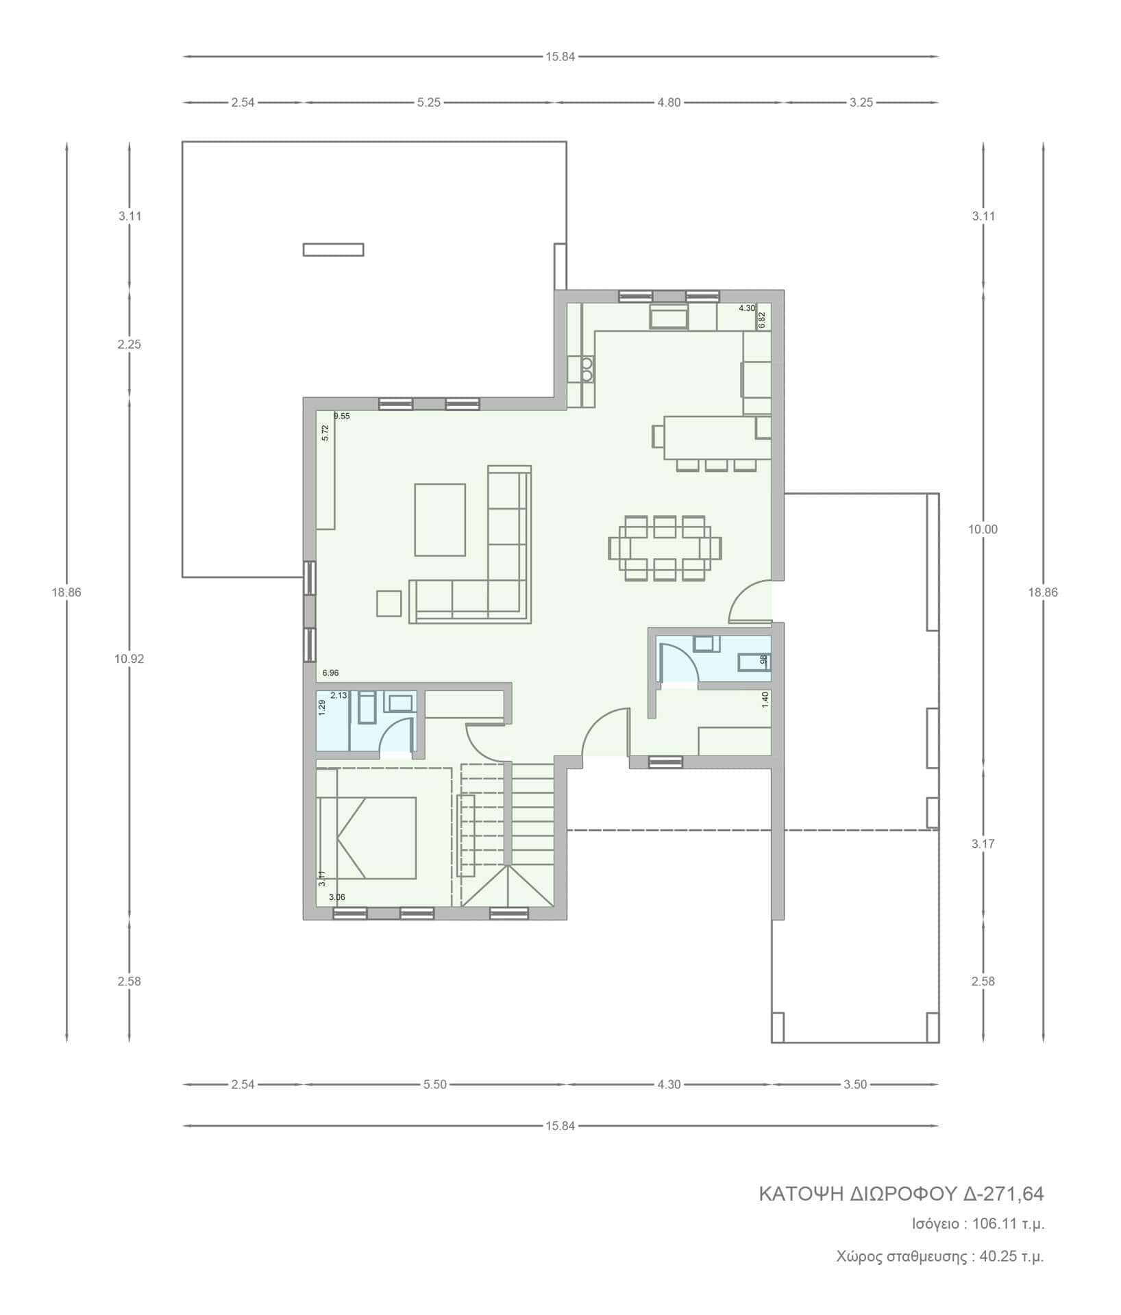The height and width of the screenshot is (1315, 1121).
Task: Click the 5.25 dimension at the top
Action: [428, 103]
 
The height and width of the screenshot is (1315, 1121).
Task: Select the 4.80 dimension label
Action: [669, 103]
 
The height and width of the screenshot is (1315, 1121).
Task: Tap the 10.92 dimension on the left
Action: [130, 659]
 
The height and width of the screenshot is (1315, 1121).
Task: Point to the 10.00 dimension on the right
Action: [983, 529]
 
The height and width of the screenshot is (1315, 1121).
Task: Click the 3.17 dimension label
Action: [983, 844]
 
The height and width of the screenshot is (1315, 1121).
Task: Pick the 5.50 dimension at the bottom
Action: [435, 1084]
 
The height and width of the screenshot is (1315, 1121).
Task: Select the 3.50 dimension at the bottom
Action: [855, 1084]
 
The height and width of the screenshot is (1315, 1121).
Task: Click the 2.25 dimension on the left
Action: [130, 345]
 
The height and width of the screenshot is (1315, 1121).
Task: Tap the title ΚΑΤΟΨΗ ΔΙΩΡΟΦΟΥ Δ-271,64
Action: [901, 1194]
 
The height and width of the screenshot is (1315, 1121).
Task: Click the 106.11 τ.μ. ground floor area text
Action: [1009, 1224]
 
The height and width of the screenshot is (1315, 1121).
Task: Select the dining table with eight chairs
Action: [665, 549]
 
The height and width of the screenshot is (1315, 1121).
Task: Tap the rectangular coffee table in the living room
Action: [440, 519]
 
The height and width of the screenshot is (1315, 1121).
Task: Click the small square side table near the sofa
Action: [389, 603]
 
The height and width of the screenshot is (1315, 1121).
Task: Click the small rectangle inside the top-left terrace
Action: [333, 250]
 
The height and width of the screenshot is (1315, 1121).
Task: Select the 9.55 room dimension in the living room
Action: [342, 416]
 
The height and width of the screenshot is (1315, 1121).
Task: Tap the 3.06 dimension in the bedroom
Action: [337, 897]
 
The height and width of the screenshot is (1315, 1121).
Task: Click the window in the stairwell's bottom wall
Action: [508, 913]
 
